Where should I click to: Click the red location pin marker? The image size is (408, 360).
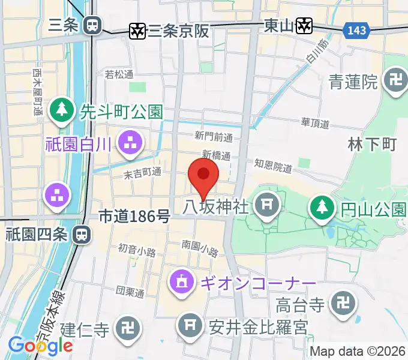[203, 175]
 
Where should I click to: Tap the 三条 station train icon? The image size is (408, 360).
[92, 25]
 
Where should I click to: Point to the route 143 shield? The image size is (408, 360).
[355, 29]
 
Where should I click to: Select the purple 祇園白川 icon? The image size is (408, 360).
[130, 142]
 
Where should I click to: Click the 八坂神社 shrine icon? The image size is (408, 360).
[265, 208]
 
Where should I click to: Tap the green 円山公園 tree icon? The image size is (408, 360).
[322, 209]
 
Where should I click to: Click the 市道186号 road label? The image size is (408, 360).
[134, 216]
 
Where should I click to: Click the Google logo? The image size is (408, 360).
[40, 346]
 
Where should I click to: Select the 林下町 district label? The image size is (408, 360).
[373, 145]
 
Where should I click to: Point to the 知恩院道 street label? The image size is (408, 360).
[272, 163]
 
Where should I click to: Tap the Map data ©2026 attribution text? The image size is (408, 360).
[357, 351]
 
